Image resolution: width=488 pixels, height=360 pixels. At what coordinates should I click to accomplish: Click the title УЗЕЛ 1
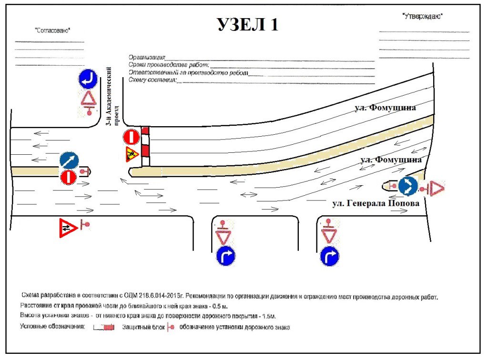click(248, 25)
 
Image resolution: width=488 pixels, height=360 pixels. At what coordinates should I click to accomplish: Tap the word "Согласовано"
click(52, 30)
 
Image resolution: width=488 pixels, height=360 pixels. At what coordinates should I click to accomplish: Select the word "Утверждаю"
click(423, 16)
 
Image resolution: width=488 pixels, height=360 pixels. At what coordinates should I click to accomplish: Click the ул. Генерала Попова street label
click(376, 203)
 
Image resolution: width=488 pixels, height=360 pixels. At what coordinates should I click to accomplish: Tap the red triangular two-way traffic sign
click(68, 228)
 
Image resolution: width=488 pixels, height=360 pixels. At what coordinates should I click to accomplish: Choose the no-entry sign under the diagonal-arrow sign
click(68, 178)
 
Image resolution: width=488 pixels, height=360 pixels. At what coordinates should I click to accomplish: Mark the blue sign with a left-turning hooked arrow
click(88, 79)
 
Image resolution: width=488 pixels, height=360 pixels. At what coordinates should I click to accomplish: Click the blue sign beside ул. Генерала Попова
click(408, 186)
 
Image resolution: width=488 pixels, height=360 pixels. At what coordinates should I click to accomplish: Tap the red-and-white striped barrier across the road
click(145, 146)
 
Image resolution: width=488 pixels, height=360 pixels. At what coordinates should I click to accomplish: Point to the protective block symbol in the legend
click(103, 328)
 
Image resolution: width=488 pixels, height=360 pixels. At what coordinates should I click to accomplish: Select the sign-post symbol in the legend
click(170, 328)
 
